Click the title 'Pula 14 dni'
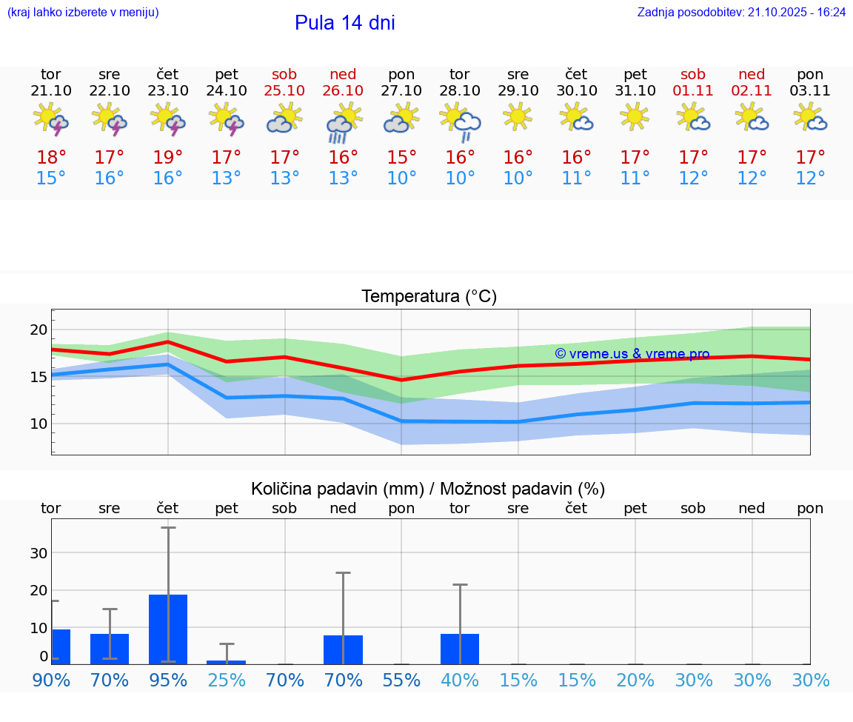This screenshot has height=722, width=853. pos(344,23)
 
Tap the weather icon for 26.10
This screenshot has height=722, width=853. pos(343,122)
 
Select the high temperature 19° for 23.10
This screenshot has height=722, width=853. pos(168,158)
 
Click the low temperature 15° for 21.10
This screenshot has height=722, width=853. pos(50,178)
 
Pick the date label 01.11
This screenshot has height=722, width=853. pos(693,91)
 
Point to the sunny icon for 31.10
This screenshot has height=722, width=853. pos(635,116)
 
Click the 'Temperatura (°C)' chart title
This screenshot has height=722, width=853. pos(429,297)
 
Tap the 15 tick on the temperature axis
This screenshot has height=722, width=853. pos(39,377)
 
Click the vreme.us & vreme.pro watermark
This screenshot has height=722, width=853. pos(632,354)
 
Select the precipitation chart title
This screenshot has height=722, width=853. pos(428,489)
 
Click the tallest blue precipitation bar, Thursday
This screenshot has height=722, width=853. pos(168,629)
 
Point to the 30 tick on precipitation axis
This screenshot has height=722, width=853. pos(39,553)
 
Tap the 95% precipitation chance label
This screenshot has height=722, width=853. pos(168,681)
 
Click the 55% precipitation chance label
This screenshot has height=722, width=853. pos(401,681)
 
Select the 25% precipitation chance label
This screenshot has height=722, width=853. pos(227,681)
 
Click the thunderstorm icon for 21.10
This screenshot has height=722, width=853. pos(51,119)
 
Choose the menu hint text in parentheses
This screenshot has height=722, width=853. pos(82,13)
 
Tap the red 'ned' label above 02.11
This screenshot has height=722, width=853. pos(752,74)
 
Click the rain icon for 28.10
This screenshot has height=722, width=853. pos(460,122)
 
